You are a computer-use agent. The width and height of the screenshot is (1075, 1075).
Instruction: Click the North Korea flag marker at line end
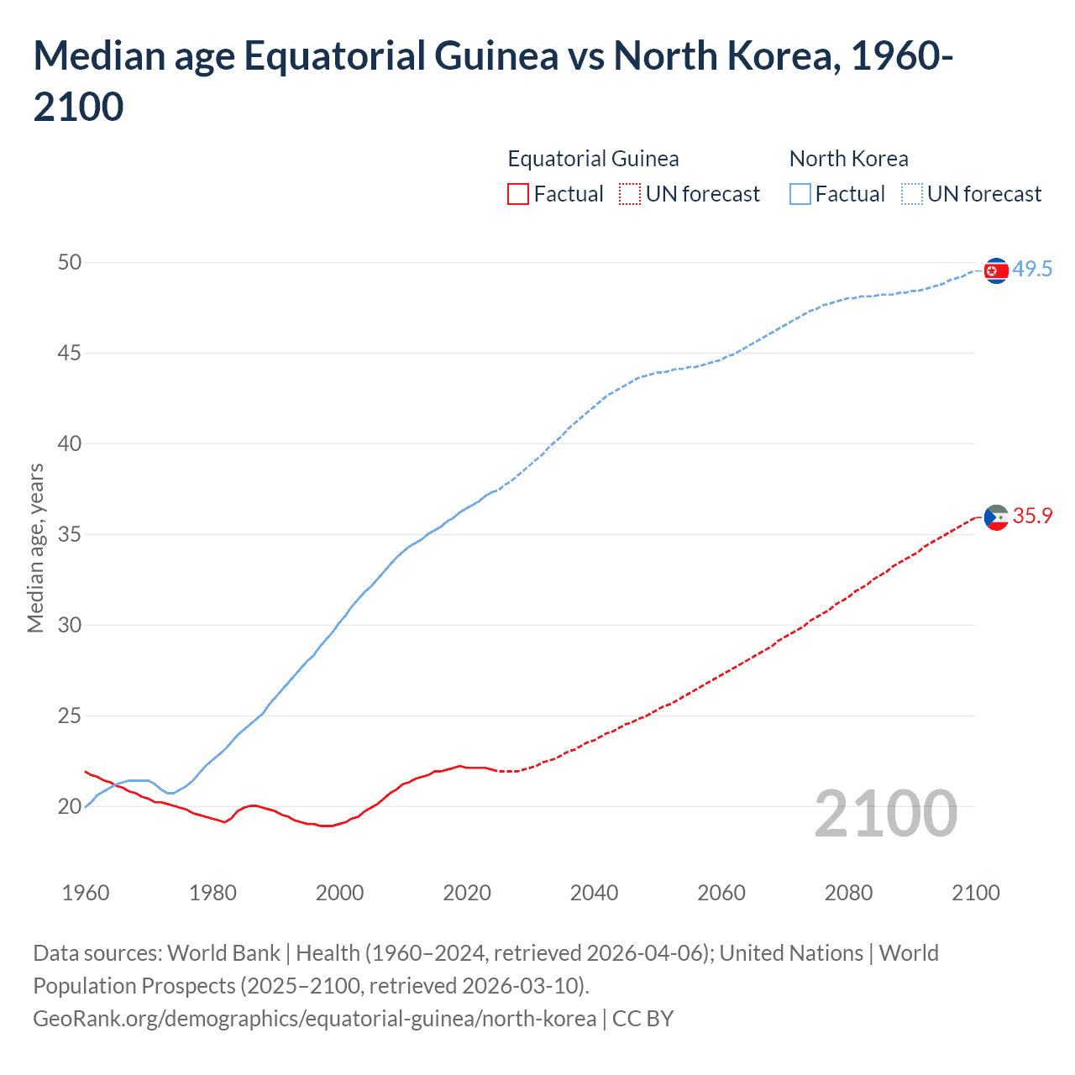click(x=995, y=270)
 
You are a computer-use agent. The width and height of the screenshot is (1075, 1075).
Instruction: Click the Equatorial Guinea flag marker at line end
click(x=995, y=517)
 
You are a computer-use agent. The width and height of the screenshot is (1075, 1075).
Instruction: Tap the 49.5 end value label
click(x=1032, y=269)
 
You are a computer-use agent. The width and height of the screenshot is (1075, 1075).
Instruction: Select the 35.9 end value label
click(x=1032, y=516)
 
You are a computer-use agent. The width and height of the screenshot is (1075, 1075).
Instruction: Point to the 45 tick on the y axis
click(x=70, y=353)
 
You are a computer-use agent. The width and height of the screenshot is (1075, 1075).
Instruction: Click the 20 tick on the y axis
click(x=70, y=806)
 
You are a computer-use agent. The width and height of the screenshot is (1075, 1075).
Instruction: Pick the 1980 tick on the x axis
click(x=212, y=892)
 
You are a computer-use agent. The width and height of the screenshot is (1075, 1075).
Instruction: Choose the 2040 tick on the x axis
click(x=594, y=892)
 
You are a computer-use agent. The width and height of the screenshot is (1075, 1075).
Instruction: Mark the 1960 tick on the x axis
click(x=86, y=892)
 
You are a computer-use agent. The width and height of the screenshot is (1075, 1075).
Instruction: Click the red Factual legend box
click(x=518, y=194)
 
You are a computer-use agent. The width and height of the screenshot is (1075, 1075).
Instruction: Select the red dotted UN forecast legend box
click(x=630, y=194)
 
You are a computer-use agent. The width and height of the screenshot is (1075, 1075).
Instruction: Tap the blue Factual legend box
click(x=800, y=194)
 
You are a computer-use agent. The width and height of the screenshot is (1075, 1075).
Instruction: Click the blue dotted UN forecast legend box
click(x=912, y=194)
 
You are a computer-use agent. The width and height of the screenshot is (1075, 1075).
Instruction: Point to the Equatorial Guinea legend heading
click(x=593, y=159)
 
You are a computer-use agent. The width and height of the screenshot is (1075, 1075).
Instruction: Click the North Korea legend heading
click(x=848, y=159)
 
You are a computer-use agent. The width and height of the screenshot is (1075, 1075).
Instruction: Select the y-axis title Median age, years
click(x=35, y=548)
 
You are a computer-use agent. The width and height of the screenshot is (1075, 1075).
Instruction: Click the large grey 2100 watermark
click(x=885, y=813)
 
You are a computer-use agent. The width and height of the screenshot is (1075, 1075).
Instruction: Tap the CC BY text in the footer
click(x=642, y=1018)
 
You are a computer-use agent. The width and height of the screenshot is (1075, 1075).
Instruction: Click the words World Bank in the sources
click(x=223, y=953)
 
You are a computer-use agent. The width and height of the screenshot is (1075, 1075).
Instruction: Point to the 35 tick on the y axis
click(x=70, y=534)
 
